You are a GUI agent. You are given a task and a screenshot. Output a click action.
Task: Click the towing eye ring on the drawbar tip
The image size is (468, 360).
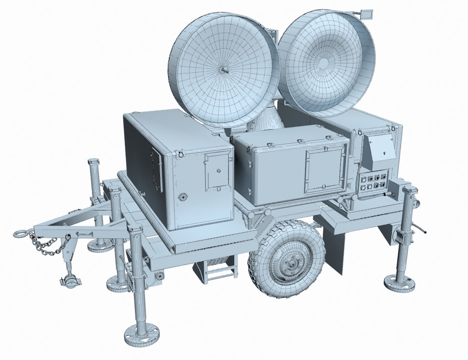(x=20, y=233)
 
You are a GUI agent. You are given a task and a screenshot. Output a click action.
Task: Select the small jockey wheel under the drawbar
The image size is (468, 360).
(x=70, y=280)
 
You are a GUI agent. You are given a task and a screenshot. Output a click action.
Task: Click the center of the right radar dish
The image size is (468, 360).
(x=324, y=63)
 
